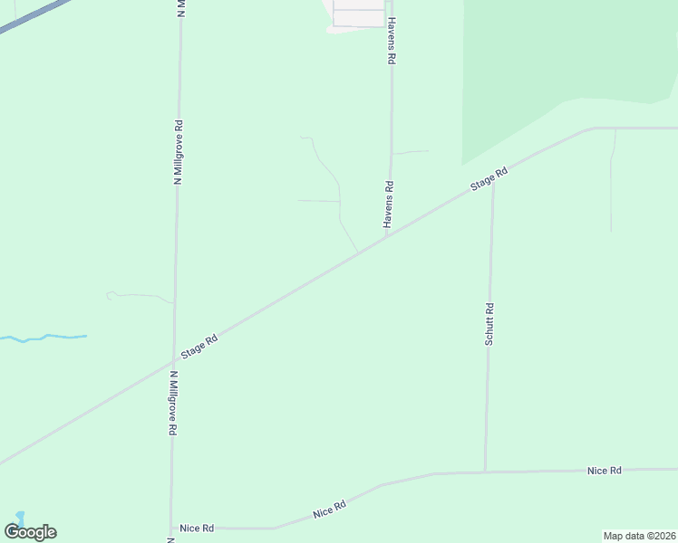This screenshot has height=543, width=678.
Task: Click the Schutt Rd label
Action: [489, 324]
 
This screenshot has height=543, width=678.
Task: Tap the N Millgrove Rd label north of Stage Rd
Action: [179, 153]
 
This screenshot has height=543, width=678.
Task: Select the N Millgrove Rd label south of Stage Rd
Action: [171, 402]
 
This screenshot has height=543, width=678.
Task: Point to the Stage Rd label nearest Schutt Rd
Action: [489, 178]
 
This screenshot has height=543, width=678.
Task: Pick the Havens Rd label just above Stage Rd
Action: [388, 205]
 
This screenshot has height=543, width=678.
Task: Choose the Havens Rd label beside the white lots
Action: [392, 40]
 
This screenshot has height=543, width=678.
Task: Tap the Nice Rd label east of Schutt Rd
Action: [604, 471]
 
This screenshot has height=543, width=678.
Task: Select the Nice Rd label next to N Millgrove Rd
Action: [196, 528]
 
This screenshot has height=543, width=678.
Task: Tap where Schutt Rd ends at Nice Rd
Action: [486, 472]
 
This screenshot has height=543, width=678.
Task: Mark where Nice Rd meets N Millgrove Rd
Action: [171, 528]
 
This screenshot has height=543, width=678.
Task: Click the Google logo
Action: [30, 532]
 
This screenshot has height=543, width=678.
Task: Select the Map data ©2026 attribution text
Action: [639, 536]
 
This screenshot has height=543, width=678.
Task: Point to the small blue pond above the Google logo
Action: [18, 517]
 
